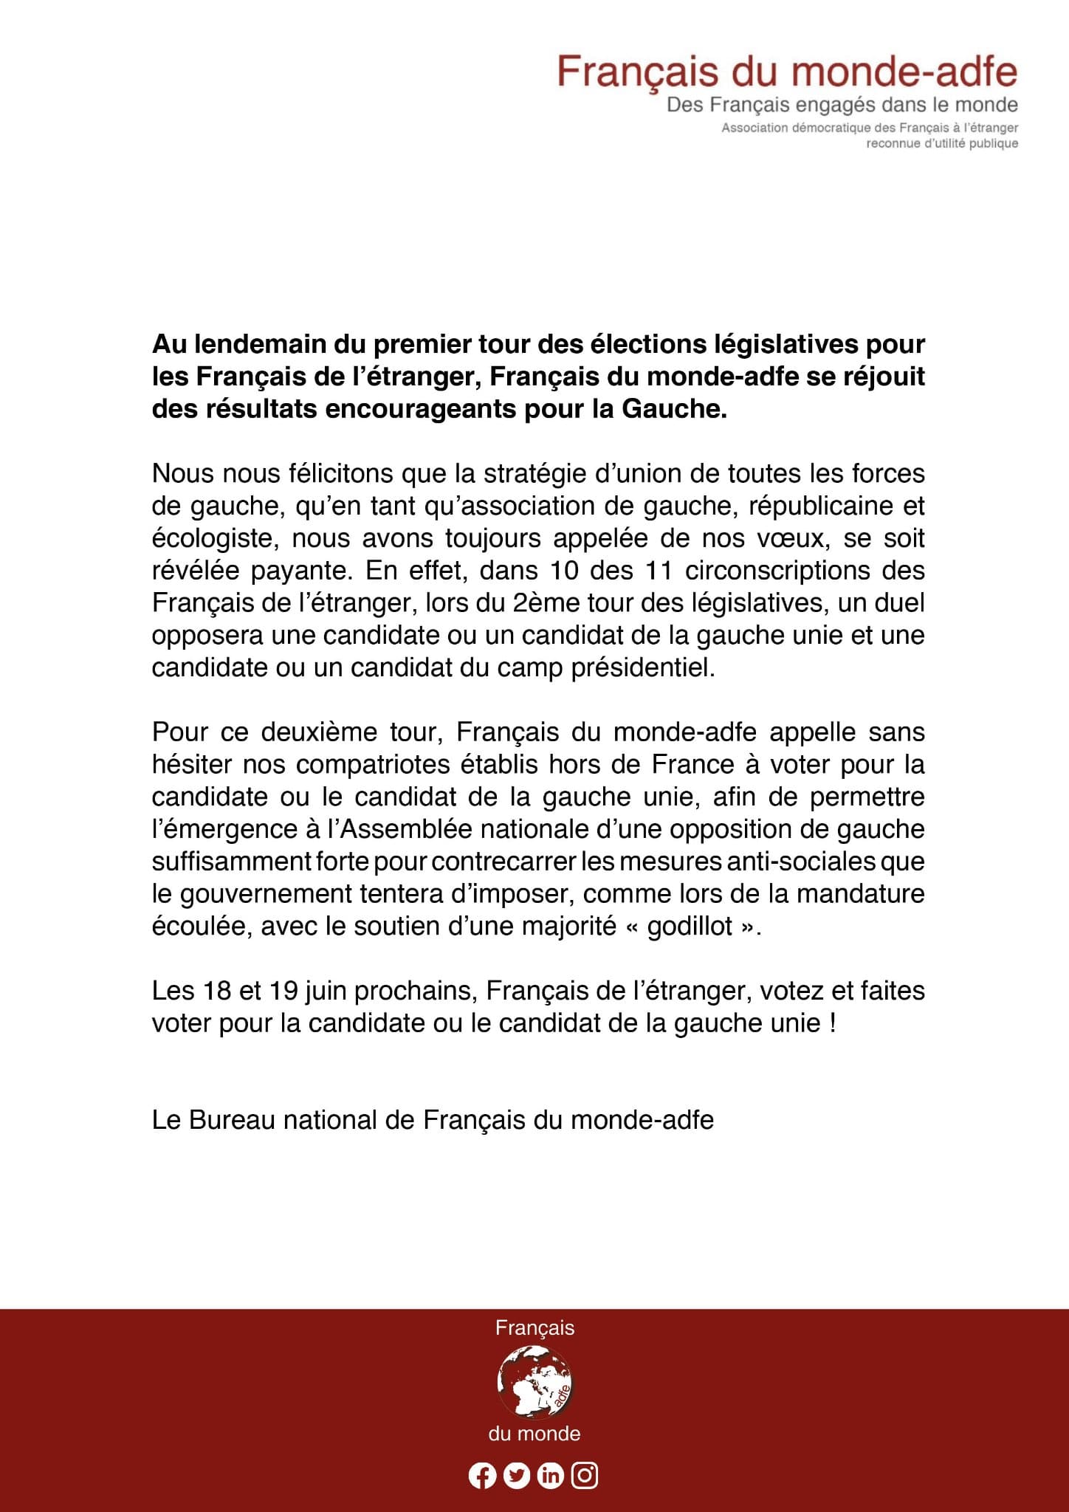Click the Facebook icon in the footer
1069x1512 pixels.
point(482,1476)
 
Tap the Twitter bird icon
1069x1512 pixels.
point(517,1476)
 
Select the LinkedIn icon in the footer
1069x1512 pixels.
point(551,1476)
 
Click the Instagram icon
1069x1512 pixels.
point(585,1475)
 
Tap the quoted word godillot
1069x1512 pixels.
point(690,926)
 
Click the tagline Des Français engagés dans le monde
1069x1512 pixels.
point(842,105)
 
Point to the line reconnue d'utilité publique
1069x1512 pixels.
point(942,143)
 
